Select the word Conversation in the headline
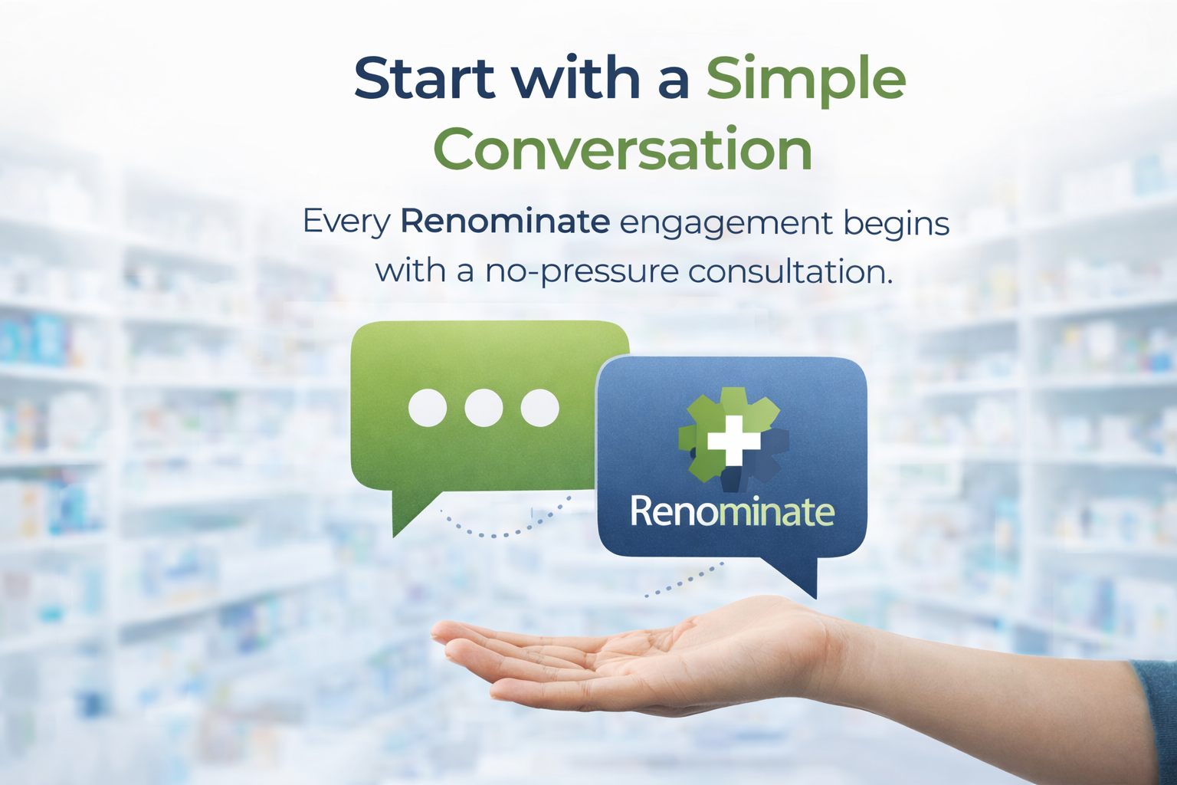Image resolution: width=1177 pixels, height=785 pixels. [623, 149]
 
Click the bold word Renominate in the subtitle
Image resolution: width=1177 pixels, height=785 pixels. [505, 222]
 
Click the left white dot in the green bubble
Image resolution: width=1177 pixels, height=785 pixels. [428, 408]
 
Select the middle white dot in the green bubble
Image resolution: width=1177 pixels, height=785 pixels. [484, 408]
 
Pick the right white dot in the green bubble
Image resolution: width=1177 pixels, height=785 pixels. [539, 408]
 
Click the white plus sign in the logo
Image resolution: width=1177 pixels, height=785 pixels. [733, 441]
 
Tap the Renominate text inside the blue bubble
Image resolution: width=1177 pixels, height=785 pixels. [732, 511]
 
